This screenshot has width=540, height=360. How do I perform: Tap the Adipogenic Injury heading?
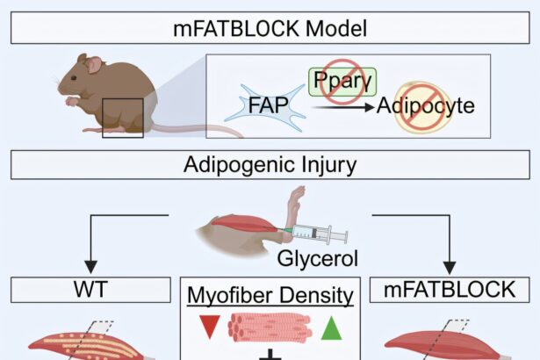pyautogui.click(x=270, y=164)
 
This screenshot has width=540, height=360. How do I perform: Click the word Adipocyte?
pyautogui.click(x=426, y=106)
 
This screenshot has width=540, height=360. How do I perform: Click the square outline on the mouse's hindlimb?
pyautogui.click(x=122, y=118)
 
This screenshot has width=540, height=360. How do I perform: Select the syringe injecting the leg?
pyautogui.click(x=312, y=234)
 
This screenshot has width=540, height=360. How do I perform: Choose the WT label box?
pyautogui.click(x=90, y=290)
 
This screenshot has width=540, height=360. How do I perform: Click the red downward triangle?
pyautogui.click(x=208, y=328)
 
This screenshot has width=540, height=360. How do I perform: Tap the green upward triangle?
pyautogui.click(x=331, y=328)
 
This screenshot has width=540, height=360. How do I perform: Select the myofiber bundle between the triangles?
pyautogui.click(x=270, y=328)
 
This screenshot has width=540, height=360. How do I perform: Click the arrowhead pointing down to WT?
pyautogui.click(x=90, y=265)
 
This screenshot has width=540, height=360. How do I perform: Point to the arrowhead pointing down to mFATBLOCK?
pyautogui.click(x=450, y=265)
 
